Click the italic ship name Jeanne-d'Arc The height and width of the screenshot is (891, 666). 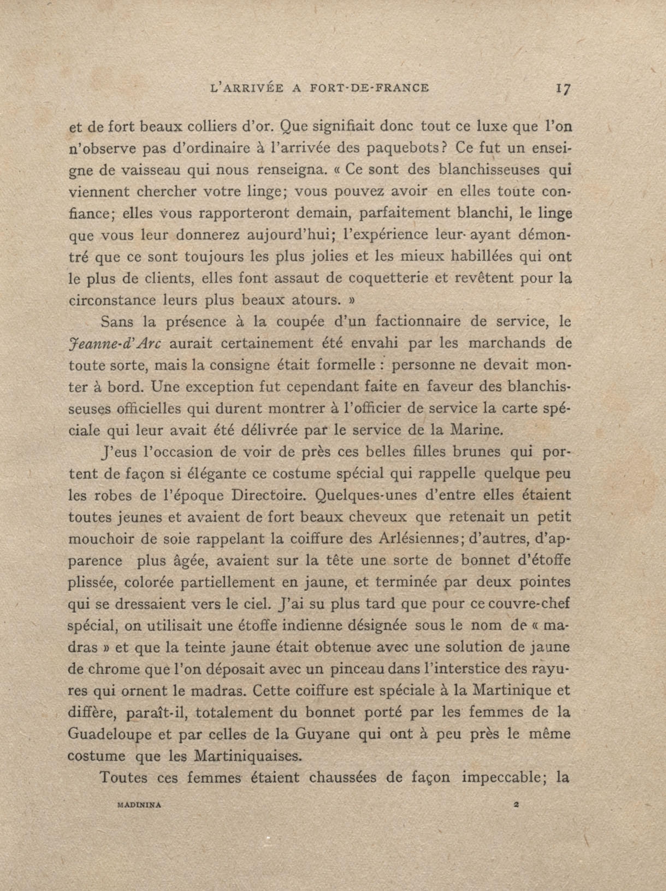(x=115, y=344)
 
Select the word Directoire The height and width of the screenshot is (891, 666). (x=267, y=495)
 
